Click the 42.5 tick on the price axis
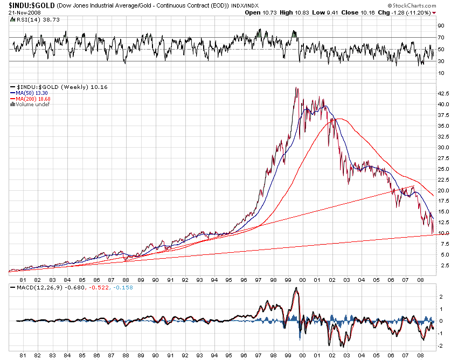tap(443, 94)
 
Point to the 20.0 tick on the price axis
tap(443, 191)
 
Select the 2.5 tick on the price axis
tap(443, 266)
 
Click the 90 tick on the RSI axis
tap(441, 25)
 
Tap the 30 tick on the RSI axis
tap(441, 61)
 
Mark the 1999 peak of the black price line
tap(296, 88)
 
